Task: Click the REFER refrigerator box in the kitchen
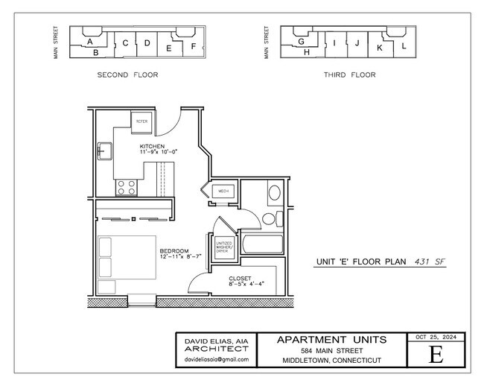coord(141,121)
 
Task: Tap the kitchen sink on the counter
coord(102,152)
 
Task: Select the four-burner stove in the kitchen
coord(126,187)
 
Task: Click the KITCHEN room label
coord(152,146)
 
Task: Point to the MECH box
coord(223,191)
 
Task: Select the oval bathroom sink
coord(273,194)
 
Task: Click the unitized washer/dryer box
coord(223,247)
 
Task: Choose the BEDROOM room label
coord(173,251)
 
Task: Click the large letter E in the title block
coord(436,354)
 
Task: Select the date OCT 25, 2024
coord(436,337)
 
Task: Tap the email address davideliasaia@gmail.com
coord(216,360)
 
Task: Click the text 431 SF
coord(430,262)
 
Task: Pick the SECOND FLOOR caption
coord(127,75)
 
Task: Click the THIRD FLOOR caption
coord(349,75)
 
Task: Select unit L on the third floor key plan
coord(403,45)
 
